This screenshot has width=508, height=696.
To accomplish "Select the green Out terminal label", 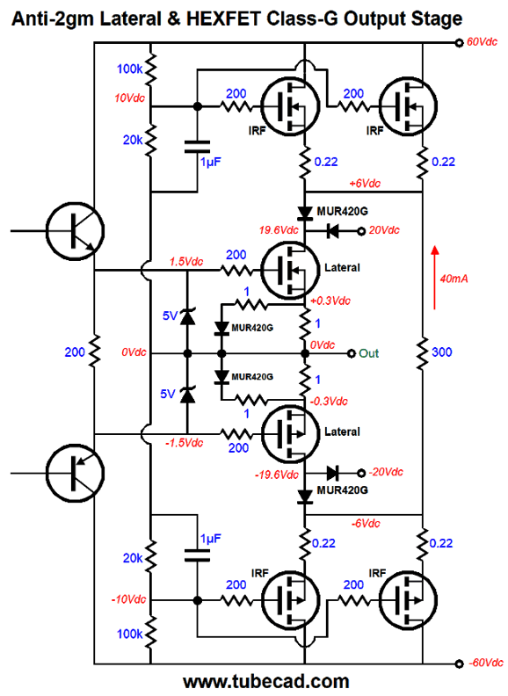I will pos(368,353).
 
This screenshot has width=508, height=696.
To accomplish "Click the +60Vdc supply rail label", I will pos(483,41).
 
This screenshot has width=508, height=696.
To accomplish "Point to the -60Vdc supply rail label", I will pos(483,663).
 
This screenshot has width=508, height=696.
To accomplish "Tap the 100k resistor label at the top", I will pos(127,69).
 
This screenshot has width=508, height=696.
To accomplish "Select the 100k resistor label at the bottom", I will pos(127,633).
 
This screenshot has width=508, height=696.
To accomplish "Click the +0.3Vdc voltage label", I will pos(332,300).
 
